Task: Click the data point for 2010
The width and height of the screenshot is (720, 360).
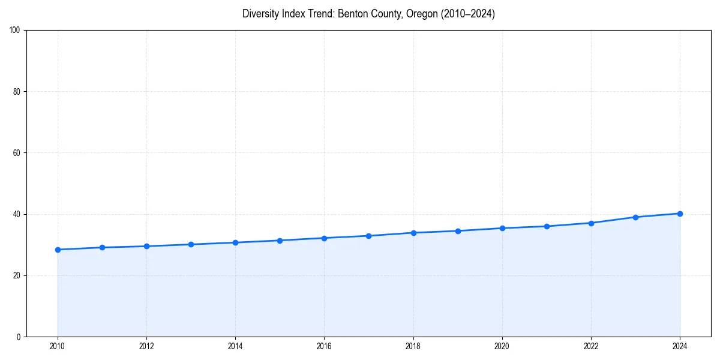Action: click(x=58, y=250)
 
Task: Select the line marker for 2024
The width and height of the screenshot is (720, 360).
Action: click(x=680, y=214)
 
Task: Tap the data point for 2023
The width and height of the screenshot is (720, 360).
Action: click(x=635, y=217)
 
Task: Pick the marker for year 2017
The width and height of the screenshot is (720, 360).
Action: click(x=368, y=236)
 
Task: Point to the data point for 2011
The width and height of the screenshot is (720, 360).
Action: click(x=102, y=247)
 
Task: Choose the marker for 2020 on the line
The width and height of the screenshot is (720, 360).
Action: click(x=502, y=228)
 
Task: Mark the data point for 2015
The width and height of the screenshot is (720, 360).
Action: click(x=280, y=241)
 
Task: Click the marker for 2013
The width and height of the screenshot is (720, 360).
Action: click(x=191, y=244)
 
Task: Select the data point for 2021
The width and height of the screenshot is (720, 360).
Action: click(x=547, y=226)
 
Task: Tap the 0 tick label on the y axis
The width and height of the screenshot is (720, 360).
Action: click(x=19, y=337)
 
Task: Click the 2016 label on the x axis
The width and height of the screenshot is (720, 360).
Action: click(x=324, y=346)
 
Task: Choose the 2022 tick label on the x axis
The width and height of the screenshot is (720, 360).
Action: click(x=591, y=346)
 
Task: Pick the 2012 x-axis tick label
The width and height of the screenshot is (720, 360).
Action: click(x=146, y=346)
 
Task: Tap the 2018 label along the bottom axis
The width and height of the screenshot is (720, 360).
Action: click(x=413, y=346)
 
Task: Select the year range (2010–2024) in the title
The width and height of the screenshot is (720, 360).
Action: click(x=468, y=14)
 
